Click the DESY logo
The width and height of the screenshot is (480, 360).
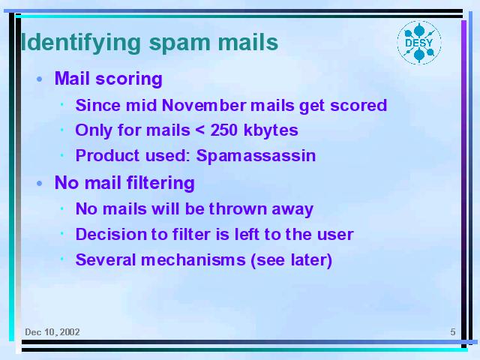(x=419, y=43)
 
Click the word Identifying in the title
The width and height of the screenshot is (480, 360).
(x=81, y=43)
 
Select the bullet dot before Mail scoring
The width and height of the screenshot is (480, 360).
(x=39, y=79)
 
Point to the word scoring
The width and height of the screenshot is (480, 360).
(x=129, y=79)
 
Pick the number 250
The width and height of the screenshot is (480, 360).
(x=223, y=130)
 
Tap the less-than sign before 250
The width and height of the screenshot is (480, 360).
(x=199, y=130)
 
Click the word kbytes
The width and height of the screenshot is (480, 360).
(x=271, y=130)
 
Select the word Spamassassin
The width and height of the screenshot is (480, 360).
(x=256, y=156)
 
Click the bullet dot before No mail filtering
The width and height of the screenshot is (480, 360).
(x=39, y=183)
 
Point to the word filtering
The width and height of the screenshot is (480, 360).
(x=160, y=183)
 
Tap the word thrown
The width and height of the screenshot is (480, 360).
(x=238, y=209)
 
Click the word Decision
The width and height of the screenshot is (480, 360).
(x=112, y=235)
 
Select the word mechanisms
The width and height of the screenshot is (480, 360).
(x=193, y=260)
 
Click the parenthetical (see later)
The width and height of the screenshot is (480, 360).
(x=292, y=260)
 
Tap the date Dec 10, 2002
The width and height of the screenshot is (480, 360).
(x=52, y=332)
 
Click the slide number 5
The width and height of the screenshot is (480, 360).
(x=453, y=332)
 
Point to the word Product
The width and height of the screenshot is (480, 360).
(x=107, y=155)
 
